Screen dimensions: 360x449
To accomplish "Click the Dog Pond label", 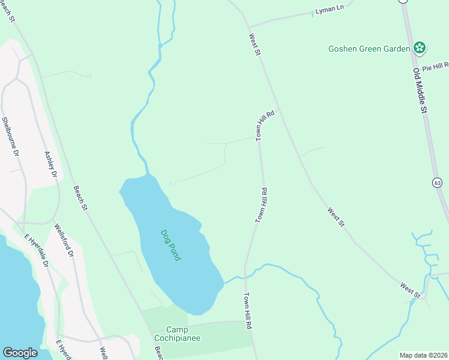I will pos(171,245).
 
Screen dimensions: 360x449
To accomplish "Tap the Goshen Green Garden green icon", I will pos(420,48).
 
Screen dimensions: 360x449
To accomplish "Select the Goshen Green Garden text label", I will pos(369,49).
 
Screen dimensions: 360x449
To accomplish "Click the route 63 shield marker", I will pos(437,182).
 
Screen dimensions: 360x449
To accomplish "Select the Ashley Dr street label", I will pos(50,164).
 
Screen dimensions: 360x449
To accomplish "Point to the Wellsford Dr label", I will pos(63,241).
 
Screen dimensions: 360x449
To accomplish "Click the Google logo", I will pos(20,353).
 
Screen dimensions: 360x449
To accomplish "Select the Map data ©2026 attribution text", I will pos(424,355).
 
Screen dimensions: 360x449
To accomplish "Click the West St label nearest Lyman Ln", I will pos(255,45).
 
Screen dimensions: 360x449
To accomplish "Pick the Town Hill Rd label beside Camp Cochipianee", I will pos(247,311).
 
